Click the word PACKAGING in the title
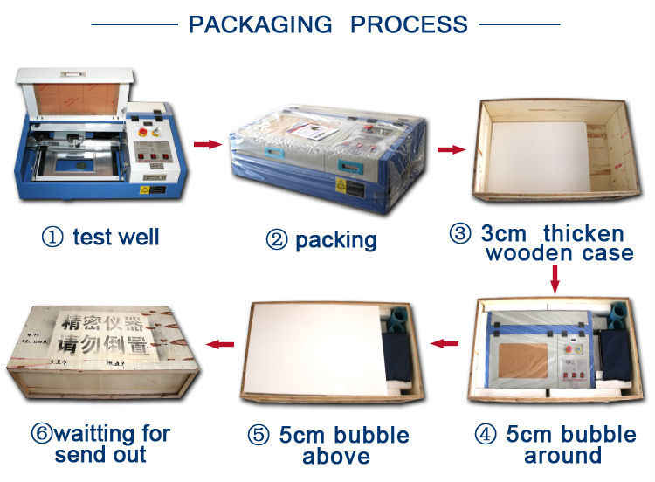[x=259, y=23]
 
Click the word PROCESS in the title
[x=409, y=23]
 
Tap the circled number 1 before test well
[x=53, y=237]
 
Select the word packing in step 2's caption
[x=336, y=239]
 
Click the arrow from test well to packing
[x=206, y=143]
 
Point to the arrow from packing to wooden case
[x=450, y=149]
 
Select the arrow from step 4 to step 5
[x=446, y=343]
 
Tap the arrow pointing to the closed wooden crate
[x=217, y=343]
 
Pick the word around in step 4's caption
[x=562, y=455]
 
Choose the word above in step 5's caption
[x=336, y=456]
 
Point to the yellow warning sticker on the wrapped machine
[x=341, y=184]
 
